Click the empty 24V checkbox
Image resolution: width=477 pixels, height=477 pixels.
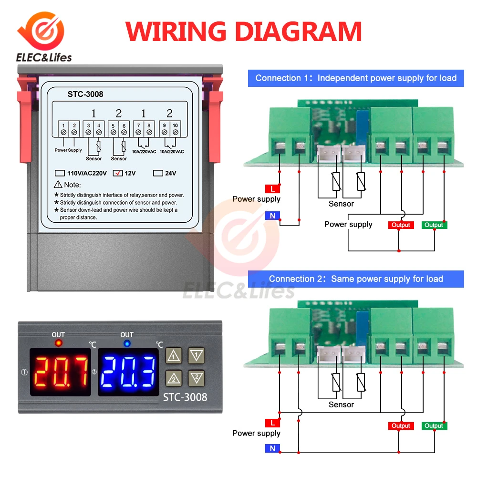click(x=158, y=173)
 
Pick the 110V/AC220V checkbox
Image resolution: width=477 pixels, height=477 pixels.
click(x=60, y=173)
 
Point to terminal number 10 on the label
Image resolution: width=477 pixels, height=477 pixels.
click(x=176, y=125)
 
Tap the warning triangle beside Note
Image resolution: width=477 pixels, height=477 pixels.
click(x=58, y=185)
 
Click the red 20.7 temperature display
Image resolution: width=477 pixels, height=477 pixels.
click(x=61, y=372)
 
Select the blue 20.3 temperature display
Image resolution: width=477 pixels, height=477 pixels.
click(x=128, y=372)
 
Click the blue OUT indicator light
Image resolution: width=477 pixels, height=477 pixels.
click(x=127, y=343)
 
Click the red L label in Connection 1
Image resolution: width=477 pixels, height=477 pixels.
click(x=272, y=189)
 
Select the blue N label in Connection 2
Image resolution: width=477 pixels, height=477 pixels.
click(x=272, y=448)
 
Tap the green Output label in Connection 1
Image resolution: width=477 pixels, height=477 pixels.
click(x=434, y=225)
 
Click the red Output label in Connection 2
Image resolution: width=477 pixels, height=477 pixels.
click(x=401, y=426)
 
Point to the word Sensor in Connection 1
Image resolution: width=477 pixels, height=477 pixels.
click(x=341, y=204)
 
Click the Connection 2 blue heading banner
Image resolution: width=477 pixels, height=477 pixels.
click(x=356, y=279)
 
